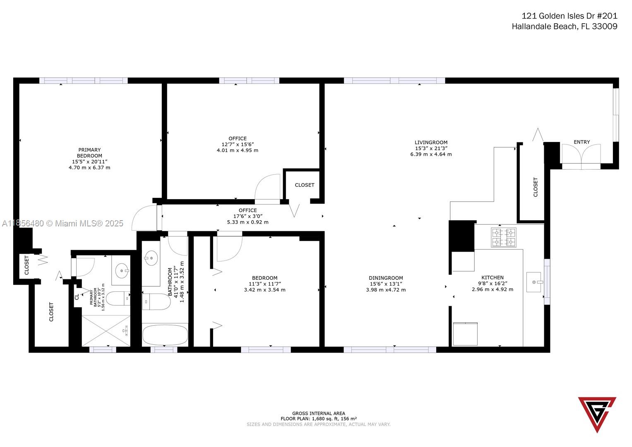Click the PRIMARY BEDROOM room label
(x=89, y=153)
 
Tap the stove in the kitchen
(x=503, y=237)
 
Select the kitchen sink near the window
(x=534, y=282)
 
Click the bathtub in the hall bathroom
(x=165, y=334)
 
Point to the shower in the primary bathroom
(x=106, y=330)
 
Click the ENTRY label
(x=582, y=142)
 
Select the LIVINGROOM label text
(x=431, y=142)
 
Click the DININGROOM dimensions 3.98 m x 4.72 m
(x=386, y=290)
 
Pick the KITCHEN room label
(x=492, y=277)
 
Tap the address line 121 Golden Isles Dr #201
(x=569, y=16)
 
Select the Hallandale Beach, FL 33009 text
(x=564, y=26)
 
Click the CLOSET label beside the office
(x=304, y=185)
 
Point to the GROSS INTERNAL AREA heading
(x=318, y=413)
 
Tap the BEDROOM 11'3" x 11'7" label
(x=264, y=284)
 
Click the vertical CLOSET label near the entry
(x=536, y=187)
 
